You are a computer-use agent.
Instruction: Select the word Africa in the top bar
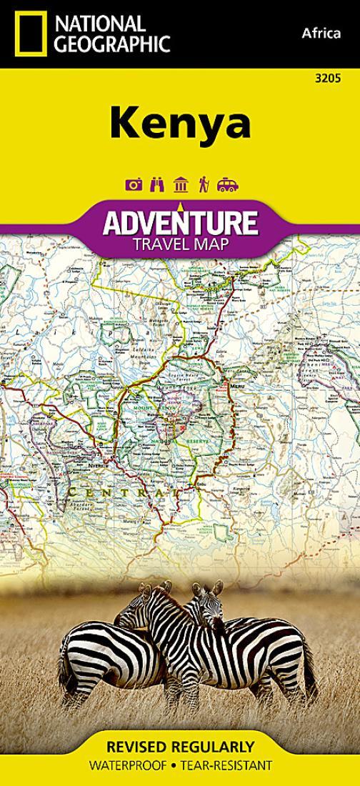[x=321, y=34]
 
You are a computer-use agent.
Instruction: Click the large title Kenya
[x=180, y=123]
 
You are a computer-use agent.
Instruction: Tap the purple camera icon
[x=134, y=185]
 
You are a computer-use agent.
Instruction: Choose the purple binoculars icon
[x=157, y=185]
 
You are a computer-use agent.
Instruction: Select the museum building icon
[x=180, y=185]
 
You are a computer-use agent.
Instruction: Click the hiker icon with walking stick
[x=203, y=185]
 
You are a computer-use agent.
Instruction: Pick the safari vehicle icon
[x=227, y=185]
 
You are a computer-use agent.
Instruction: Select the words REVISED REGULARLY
[x=180, y=747]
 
